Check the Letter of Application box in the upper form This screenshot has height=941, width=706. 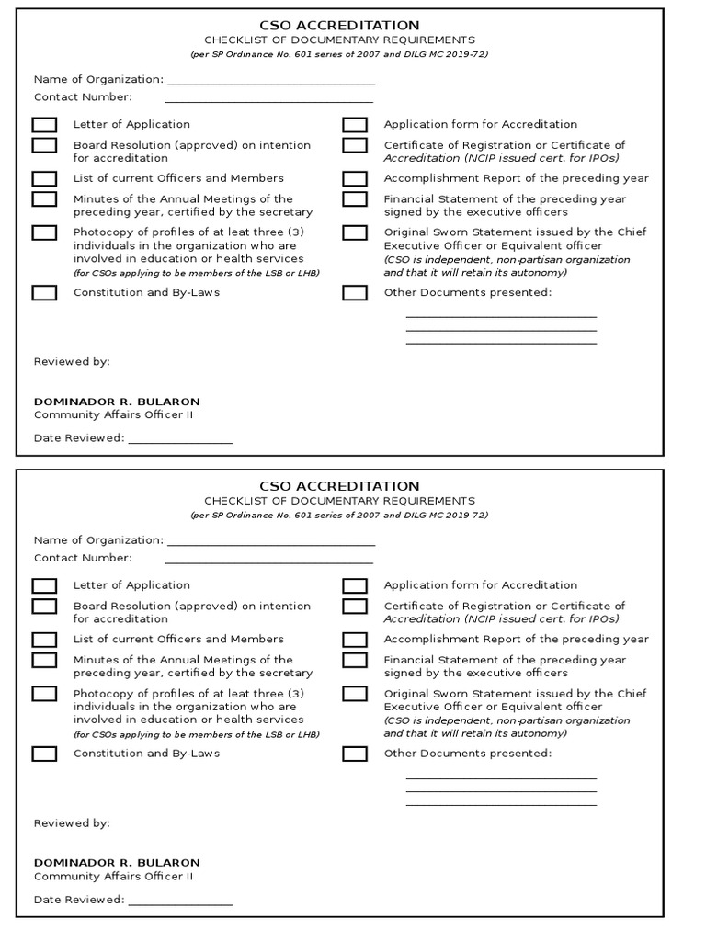point(44,125)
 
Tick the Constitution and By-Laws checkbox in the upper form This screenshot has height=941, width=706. point(44,293)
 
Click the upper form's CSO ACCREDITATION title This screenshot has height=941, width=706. point(339,26)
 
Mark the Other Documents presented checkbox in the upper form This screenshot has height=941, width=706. point(355,293)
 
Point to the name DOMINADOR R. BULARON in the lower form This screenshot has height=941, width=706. point(117,863)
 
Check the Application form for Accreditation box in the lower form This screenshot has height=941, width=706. point(355,586)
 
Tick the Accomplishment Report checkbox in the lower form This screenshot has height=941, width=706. point(355,640)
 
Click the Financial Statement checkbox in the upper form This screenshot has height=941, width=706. point(355,199)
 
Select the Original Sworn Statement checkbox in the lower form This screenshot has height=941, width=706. point(355,694)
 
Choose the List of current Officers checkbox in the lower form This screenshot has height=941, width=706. point(44,640)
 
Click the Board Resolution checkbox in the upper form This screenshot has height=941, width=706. point(44,145)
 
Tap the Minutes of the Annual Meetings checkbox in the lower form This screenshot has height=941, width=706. point(44,660)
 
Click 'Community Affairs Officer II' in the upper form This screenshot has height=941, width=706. point(113,414)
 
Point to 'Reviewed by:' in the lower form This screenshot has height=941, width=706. point(72,823)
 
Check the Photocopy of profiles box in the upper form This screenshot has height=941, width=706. point(44,232)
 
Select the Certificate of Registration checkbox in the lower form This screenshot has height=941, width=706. point(355,607)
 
